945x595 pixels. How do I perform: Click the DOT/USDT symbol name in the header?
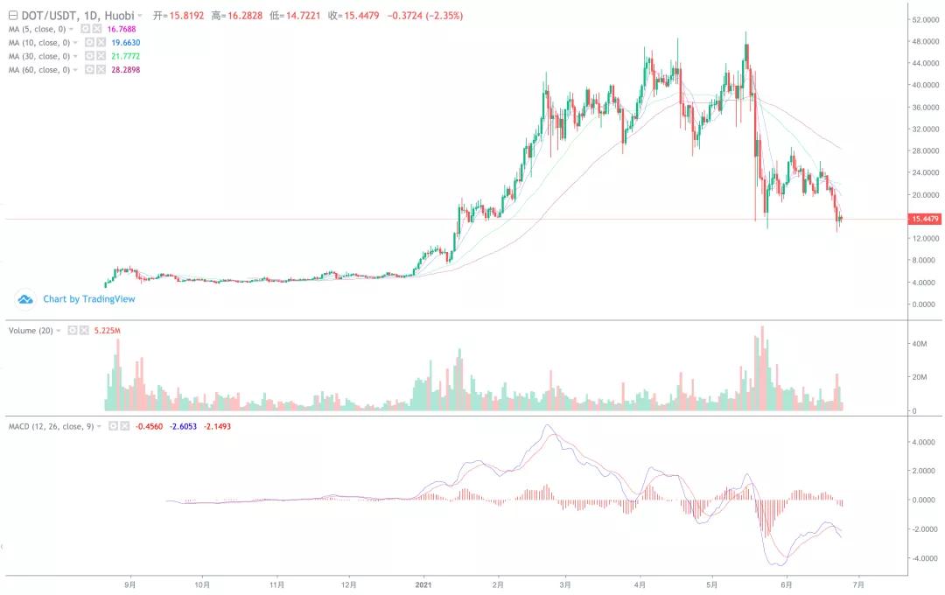tap(43, 16)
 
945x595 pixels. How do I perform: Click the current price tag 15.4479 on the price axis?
tap(926, 220)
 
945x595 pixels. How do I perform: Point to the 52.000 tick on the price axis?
tap(926, 19)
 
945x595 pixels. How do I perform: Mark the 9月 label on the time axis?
tap(130, 584)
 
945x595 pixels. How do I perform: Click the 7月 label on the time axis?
tap(858, 584)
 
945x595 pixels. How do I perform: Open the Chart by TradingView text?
tap(89, 299)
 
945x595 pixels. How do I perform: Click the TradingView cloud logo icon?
tap(25, 299)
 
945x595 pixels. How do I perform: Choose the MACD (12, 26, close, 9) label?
tap(51, 426)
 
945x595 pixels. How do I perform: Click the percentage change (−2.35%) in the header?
tap(444, 16)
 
